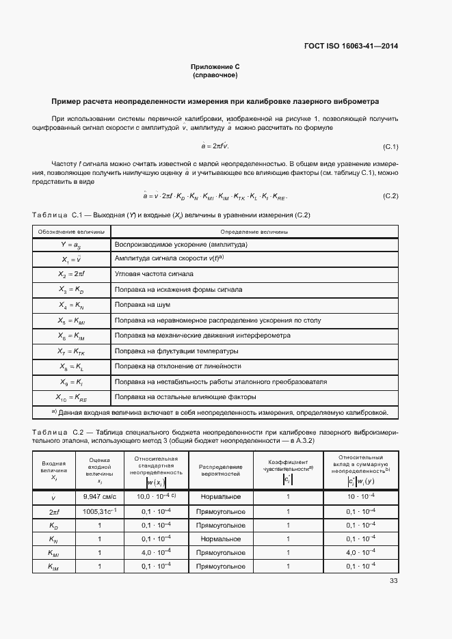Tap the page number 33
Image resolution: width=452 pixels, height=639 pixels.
pyautogui.click(x=393, y=581)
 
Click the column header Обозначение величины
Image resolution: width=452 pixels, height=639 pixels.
pyautogui.click(x=67, y=232)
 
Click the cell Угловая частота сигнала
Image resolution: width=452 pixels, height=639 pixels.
pyautogui.click(x=154, y=274)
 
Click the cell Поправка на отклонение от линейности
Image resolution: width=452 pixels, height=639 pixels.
pyautogui.click(x=179, y=366)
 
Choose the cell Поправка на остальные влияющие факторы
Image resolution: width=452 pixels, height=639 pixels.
pyautogui.click(x=185, y=396)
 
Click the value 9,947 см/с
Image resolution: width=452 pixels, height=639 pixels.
pyautogui.click(x=99, y=496)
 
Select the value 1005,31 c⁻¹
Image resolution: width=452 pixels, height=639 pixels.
pyautogui.click(x=99, y=511)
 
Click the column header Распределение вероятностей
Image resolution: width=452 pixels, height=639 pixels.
pyautogui.click(x=221, y=470)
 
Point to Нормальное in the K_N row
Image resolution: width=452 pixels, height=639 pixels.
pyautogui.click(x=221, y=539)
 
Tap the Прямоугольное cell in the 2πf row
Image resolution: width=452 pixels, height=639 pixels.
pyautogui.click(x=221, y=511)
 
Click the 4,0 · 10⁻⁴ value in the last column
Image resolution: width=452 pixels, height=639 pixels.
pyautogui.click(x=360, y=552)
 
